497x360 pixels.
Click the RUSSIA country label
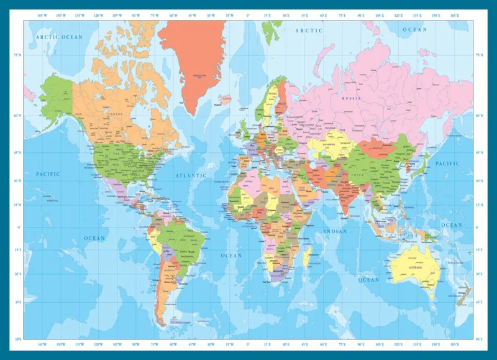click(x=351, y=98)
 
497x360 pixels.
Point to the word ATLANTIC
click(x=191, y=175)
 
